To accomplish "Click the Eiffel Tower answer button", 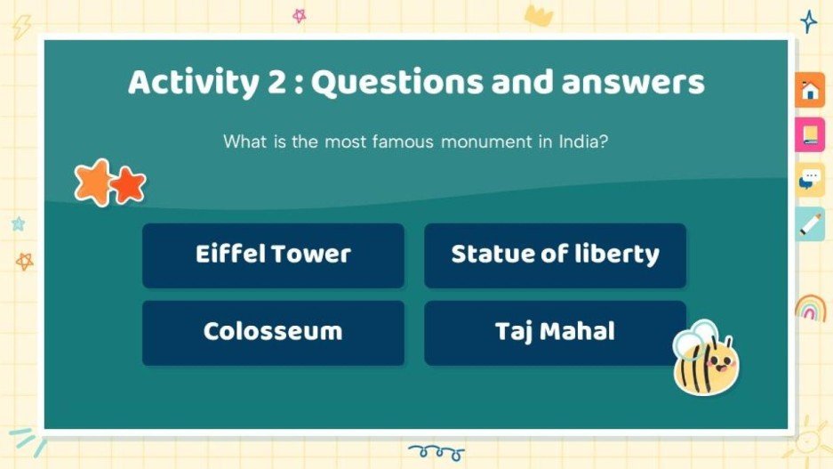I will coord(273,255).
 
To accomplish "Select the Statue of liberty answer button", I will coord(555,255).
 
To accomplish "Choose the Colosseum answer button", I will coord(273,332).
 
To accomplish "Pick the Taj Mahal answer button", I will coord(555,332).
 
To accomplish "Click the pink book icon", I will coord(809,134).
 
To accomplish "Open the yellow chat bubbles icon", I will coord(809,179).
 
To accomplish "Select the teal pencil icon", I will coord(809,224).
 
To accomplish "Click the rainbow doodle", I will coord(810,307).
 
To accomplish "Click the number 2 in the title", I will coord(276,83).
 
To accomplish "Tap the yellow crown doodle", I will coord(539,14).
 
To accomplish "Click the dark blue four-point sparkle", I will coord(808,21).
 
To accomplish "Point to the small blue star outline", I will coord(18,224).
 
